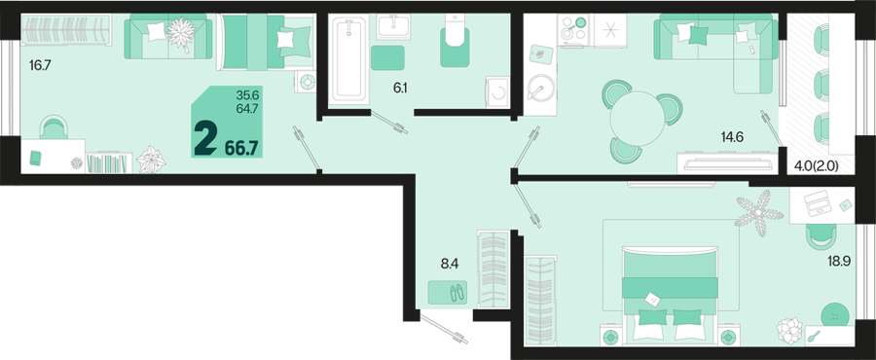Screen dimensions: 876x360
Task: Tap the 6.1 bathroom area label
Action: [x=399, y=87]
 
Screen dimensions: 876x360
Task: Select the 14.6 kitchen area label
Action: [x=731, y=137]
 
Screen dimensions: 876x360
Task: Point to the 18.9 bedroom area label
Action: [x=840, y=261]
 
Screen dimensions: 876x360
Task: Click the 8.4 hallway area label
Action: [x=450, y=265]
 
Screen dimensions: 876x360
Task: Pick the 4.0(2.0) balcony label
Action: [x=817, y=165]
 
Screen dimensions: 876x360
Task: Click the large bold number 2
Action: [x=205, y=139]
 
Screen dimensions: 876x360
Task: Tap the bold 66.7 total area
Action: [x=241, y=148]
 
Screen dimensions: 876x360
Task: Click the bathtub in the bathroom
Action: [x=349, y=59]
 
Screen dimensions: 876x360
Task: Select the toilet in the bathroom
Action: [x=455, y=41]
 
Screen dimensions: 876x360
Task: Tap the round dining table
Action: [x=638, y=119]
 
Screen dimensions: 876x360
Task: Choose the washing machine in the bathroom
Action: [x=497, y=90]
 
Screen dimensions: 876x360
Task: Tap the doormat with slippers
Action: [x=448, y=293]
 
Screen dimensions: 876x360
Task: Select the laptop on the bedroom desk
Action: [x=818, y=202]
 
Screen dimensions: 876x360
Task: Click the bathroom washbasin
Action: [x=393, y=26]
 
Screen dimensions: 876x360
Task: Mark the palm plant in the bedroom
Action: [x=758, y=211]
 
